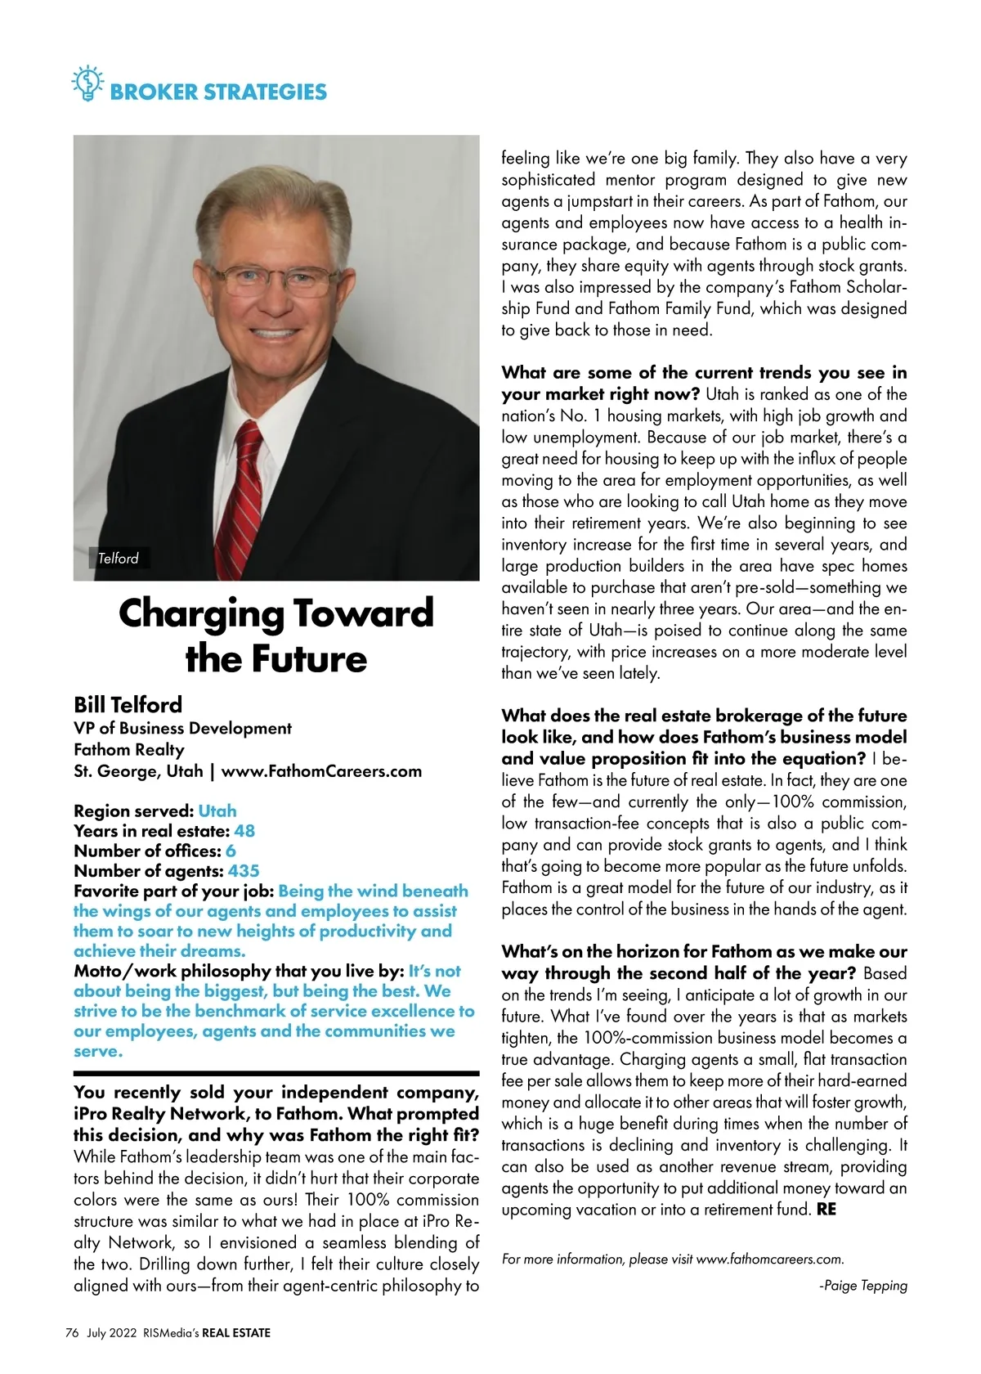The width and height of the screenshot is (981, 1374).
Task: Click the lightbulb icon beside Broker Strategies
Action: tap(87, 83)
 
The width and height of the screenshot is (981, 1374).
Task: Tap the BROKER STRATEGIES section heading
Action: tap(217, 92)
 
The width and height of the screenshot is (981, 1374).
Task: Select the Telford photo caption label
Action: tap(118, 559)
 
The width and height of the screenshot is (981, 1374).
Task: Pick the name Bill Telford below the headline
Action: tap(128, 705)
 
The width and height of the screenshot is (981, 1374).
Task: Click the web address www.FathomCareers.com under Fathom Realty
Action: tap(321, 771)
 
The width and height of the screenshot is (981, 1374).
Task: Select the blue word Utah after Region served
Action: tap(217, 811)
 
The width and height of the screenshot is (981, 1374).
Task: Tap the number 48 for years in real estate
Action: tap(244, 831)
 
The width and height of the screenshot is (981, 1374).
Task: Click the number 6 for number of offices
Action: tap(231, 851)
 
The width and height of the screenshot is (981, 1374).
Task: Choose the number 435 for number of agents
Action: tap(244, 871)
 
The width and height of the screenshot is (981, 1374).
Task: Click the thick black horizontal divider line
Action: tap(276, 1072)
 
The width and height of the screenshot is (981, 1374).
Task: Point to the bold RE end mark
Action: tap(826, 1210)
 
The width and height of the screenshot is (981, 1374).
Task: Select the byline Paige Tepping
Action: tap(865, 1286)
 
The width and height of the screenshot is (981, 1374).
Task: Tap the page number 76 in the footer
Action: tap(72, 1333)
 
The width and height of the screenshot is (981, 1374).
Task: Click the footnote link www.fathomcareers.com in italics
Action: tap(769, 1259)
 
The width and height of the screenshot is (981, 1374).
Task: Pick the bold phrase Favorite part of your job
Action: tap(173, 891)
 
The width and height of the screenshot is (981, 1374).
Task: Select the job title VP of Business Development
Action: tap(182, 729)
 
